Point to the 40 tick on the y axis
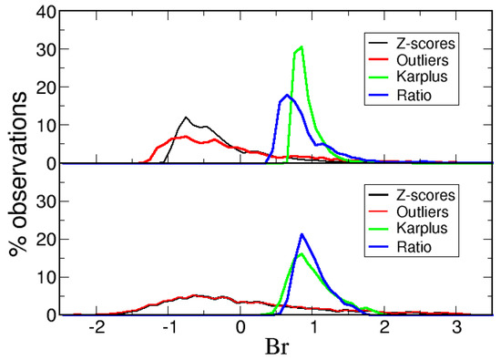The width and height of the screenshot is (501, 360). coord(44,12)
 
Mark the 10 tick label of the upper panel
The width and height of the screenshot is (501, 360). coord(44,126)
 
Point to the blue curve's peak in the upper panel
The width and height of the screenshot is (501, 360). coord(287,95)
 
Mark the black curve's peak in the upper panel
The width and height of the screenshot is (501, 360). coord(187,118)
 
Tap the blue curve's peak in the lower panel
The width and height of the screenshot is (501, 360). coord(302,234)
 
